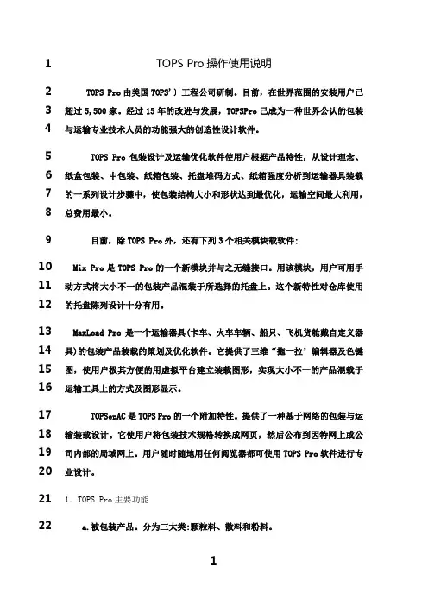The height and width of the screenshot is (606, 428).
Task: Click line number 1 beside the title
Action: coord(50,63)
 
